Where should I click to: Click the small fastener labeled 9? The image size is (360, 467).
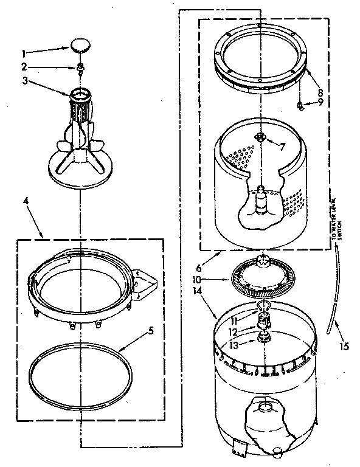point(300,106)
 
